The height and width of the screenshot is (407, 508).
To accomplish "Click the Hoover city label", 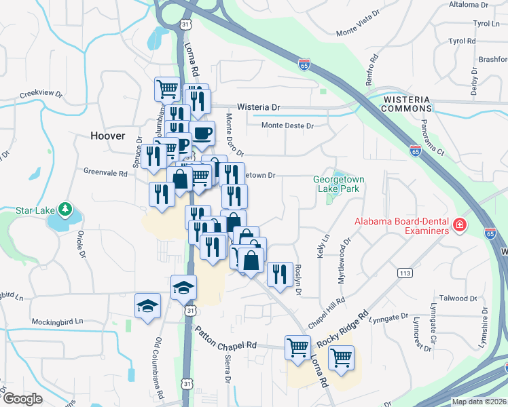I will click(108, 136).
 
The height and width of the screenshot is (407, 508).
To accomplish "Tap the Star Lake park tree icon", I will click(65, 209).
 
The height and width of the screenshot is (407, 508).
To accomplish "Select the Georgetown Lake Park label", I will click(338, 184).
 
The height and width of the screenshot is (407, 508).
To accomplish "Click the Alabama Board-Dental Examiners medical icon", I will click(460, 224).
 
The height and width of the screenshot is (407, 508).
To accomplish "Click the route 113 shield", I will click(405, 273).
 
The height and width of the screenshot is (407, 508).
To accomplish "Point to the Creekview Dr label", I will click(41, 95).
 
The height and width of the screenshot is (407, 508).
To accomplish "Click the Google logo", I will click(22, 399).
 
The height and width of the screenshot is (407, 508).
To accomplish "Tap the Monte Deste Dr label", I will click(288, 125).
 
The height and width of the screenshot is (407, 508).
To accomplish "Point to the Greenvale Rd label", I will click(105, 173).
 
